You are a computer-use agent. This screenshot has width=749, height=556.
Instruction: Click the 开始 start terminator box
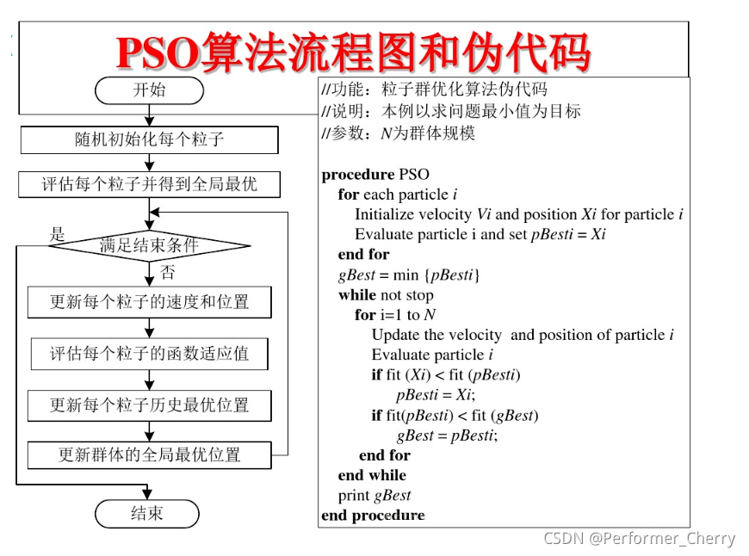[x=149, y=90]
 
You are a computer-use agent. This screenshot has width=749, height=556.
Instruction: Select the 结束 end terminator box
[x=146, y=514]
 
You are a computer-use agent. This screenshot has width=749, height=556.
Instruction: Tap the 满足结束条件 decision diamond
[x=149, y=245]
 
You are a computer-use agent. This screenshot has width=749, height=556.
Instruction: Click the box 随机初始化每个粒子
[x=149, y=139]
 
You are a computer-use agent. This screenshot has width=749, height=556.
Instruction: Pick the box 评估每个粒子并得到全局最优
[x=149, y=184]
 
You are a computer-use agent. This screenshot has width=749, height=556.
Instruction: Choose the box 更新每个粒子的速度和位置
[x=149, y=302]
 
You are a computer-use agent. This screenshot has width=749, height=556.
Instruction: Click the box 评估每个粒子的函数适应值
[x=149, y=353]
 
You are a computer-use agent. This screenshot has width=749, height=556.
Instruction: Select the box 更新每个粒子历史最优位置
[x=149, y=404]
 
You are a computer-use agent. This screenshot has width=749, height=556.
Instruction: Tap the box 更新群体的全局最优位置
[x=149, y=454]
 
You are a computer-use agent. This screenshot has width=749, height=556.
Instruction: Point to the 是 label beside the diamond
[x=58, y=233]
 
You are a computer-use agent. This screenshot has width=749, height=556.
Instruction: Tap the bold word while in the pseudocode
[x=357, y=295]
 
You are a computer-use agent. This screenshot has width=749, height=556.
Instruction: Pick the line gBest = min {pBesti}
[x=409, y=275]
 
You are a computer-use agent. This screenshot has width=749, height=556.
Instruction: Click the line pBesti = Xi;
[x=436, y=395]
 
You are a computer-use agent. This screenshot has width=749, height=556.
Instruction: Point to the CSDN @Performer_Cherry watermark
[x=639, y=539]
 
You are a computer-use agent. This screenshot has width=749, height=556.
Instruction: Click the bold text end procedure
[x=373, y=515]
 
